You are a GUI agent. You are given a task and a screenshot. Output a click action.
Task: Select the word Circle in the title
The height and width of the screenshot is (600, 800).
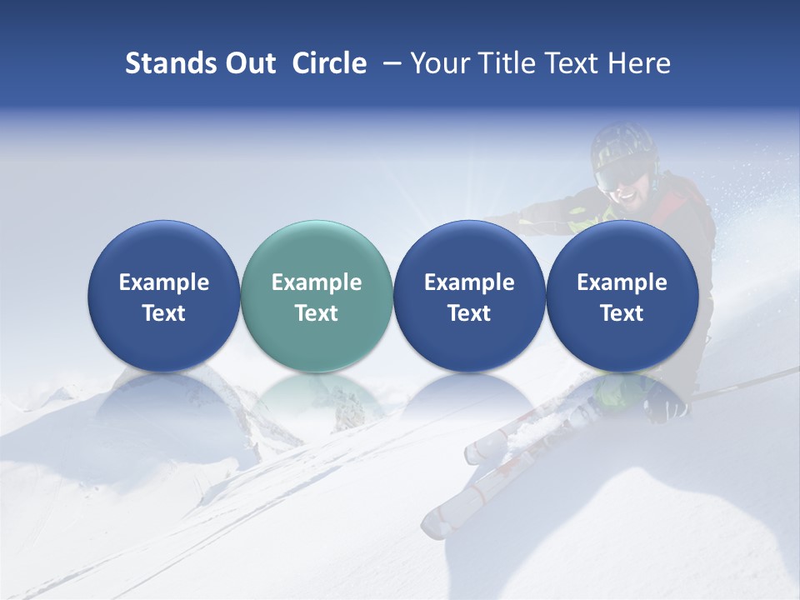point(329,63)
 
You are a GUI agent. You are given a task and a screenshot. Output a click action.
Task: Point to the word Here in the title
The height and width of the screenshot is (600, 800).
point(641,63)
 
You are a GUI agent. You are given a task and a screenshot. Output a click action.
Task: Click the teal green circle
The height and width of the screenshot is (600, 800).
point(317,296)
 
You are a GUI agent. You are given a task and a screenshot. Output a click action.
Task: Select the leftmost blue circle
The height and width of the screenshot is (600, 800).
point(163,296)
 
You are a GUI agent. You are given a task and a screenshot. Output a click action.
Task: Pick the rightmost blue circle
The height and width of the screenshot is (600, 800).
point(622,296)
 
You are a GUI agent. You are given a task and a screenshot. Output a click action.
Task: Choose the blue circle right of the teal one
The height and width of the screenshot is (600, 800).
point(469,296)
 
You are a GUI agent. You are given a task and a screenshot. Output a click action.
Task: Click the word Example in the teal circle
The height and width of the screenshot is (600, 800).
point(317,282)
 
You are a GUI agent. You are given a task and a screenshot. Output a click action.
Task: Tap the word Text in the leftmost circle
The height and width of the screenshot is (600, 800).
point(163,313)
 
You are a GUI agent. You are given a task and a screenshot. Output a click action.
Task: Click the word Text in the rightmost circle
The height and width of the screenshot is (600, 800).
point(622,313)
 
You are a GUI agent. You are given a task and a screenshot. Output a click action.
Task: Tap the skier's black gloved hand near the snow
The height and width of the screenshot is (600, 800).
point(667,407)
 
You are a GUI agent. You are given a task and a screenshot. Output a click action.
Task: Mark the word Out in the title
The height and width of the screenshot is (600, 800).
point(247,63)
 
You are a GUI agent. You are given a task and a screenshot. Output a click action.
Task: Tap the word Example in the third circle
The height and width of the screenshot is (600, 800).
point(469,282)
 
